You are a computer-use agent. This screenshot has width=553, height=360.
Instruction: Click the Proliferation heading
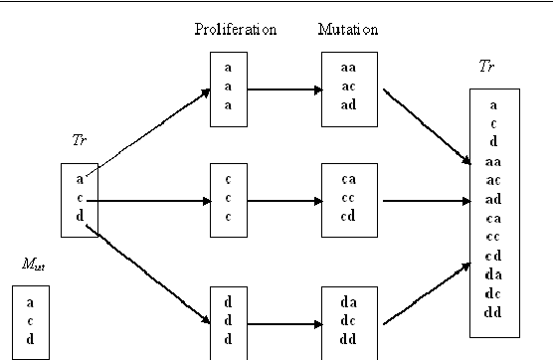(235, 29)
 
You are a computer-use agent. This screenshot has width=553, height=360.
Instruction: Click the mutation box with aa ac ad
(348, 90)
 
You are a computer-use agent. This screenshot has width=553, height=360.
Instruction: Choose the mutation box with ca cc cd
(348, 200)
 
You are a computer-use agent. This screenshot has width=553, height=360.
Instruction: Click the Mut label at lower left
(32, 265)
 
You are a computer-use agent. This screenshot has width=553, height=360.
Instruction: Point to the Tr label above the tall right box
(487, 68)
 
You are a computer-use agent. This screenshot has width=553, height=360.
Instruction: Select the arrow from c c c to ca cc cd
(283, 200)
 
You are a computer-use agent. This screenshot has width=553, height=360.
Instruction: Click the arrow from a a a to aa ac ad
(283, 90)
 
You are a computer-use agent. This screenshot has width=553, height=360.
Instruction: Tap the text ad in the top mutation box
(348, 106)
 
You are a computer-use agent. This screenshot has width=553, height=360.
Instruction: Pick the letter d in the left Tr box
(80, 216)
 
